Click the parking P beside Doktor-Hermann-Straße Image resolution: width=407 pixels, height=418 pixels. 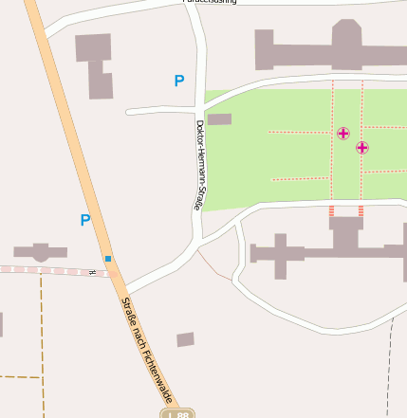(178, 82)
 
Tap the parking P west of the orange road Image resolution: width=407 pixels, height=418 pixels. (85, 221)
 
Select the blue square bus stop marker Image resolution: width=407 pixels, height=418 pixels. (108, 258)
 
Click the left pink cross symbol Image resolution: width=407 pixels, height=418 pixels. (343, 134)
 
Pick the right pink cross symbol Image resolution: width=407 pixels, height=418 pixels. (362, 148)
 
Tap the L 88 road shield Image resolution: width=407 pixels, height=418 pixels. (176, 413)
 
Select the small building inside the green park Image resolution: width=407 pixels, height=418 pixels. (219, 119)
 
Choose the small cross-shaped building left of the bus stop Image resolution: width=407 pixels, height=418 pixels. (40, 252)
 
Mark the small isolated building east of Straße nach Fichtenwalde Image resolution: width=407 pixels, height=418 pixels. (185, 339)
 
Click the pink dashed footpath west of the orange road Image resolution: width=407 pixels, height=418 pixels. (47, 270)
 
